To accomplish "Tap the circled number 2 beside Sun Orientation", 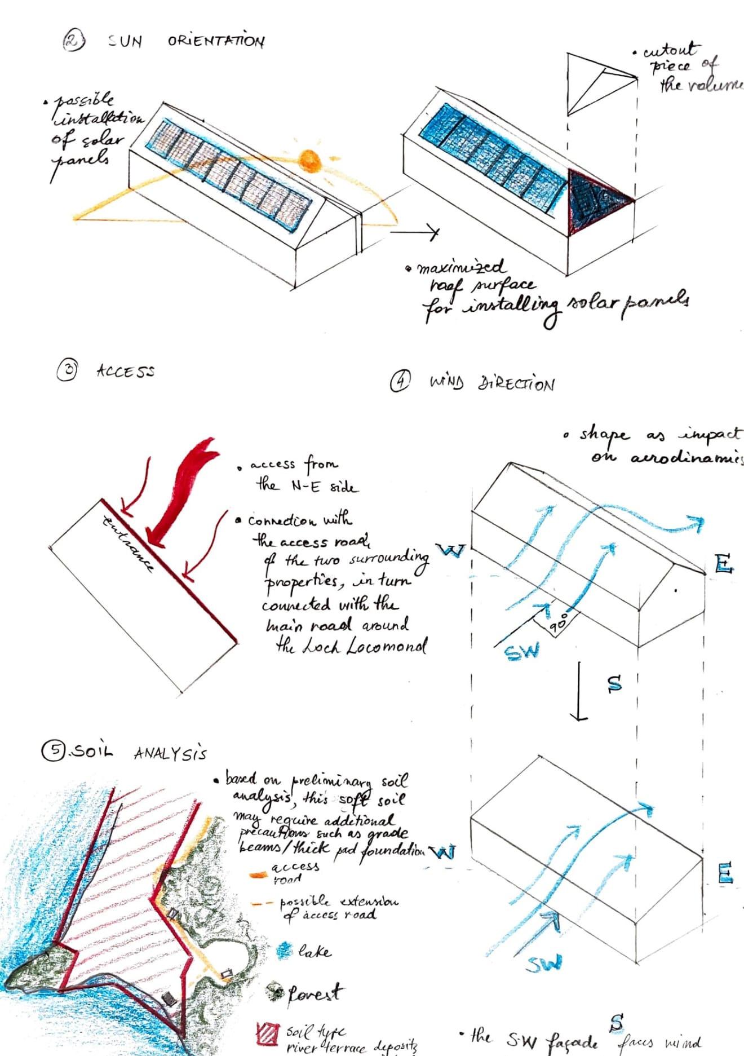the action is [73, 41].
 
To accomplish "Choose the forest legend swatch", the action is [276, 991].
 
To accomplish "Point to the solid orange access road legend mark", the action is [258, 874].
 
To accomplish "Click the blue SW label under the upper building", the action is [521, 651].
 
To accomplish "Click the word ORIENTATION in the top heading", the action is [216, 41].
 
